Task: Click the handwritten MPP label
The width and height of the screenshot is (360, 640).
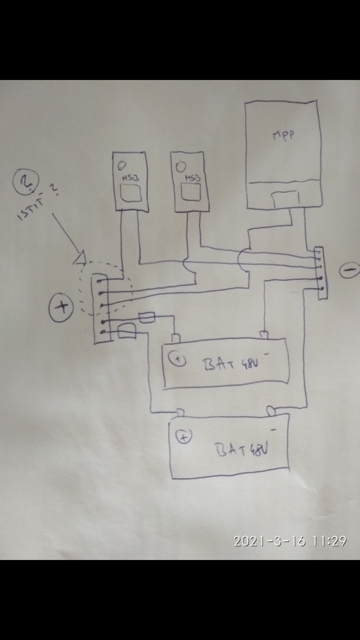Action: pyautogui.click(x=283, y=135)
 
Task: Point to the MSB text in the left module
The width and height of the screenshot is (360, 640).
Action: pyautogui.click(x=128, y=178)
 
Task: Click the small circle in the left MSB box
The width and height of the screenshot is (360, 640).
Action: pyautogui.click(x=121, y=164)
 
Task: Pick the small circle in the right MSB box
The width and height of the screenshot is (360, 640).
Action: pyautogui.click(x=182, y=165)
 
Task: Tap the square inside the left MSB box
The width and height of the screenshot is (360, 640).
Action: pyautogui.click(x=131, y=193)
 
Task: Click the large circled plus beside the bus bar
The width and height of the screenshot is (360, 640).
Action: pyautogui.click(x=61, y=306)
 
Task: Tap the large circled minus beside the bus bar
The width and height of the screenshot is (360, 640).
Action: pyautogui.click(x=348, y=270)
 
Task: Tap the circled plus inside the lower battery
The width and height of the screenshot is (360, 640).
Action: pyautogui.click(x=184, y=437)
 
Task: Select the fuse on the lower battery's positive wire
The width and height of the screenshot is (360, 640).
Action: pyautogui.click(x=126, y=331)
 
